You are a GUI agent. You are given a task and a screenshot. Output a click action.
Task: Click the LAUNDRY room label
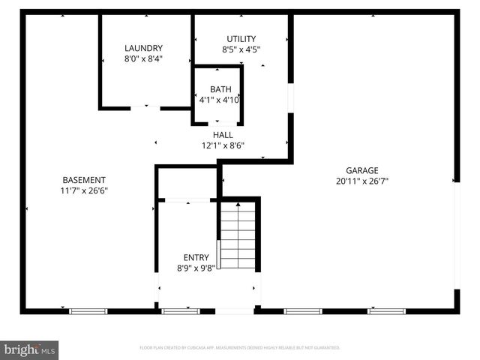click(143, 48)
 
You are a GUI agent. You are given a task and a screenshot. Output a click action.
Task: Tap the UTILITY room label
click(241, 39)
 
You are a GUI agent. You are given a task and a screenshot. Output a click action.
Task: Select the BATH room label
click(220, 89)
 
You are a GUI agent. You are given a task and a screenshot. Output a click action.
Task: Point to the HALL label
click(223, 135)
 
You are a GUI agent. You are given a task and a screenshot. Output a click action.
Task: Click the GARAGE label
click(361, 170)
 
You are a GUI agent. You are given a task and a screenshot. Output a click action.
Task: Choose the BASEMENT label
click(83, 180)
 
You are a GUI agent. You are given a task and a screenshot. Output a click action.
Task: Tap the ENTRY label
click(196, 258)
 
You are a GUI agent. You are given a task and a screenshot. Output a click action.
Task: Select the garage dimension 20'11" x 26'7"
click(361, 181)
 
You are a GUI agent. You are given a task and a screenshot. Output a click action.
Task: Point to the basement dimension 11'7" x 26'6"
click(83, 190)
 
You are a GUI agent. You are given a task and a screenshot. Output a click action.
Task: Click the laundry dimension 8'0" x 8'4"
click(143, 58)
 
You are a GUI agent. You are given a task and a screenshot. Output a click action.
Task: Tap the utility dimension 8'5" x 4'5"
click(241, 49)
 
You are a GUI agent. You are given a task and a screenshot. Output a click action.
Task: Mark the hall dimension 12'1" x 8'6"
click(223, 145)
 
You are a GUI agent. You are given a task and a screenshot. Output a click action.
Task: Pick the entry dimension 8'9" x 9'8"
click(196, 268)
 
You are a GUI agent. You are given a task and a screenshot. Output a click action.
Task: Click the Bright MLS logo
click(30, 349)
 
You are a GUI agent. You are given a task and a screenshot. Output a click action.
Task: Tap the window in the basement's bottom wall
click(88, 310)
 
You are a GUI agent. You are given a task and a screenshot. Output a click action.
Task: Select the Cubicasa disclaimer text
click(240, 348)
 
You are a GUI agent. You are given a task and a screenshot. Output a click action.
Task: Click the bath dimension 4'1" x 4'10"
click(220, 100)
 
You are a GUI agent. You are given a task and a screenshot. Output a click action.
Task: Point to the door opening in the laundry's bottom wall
click(145, 108)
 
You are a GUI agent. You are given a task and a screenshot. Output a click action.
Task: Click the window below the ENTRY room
click(181, 310)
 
